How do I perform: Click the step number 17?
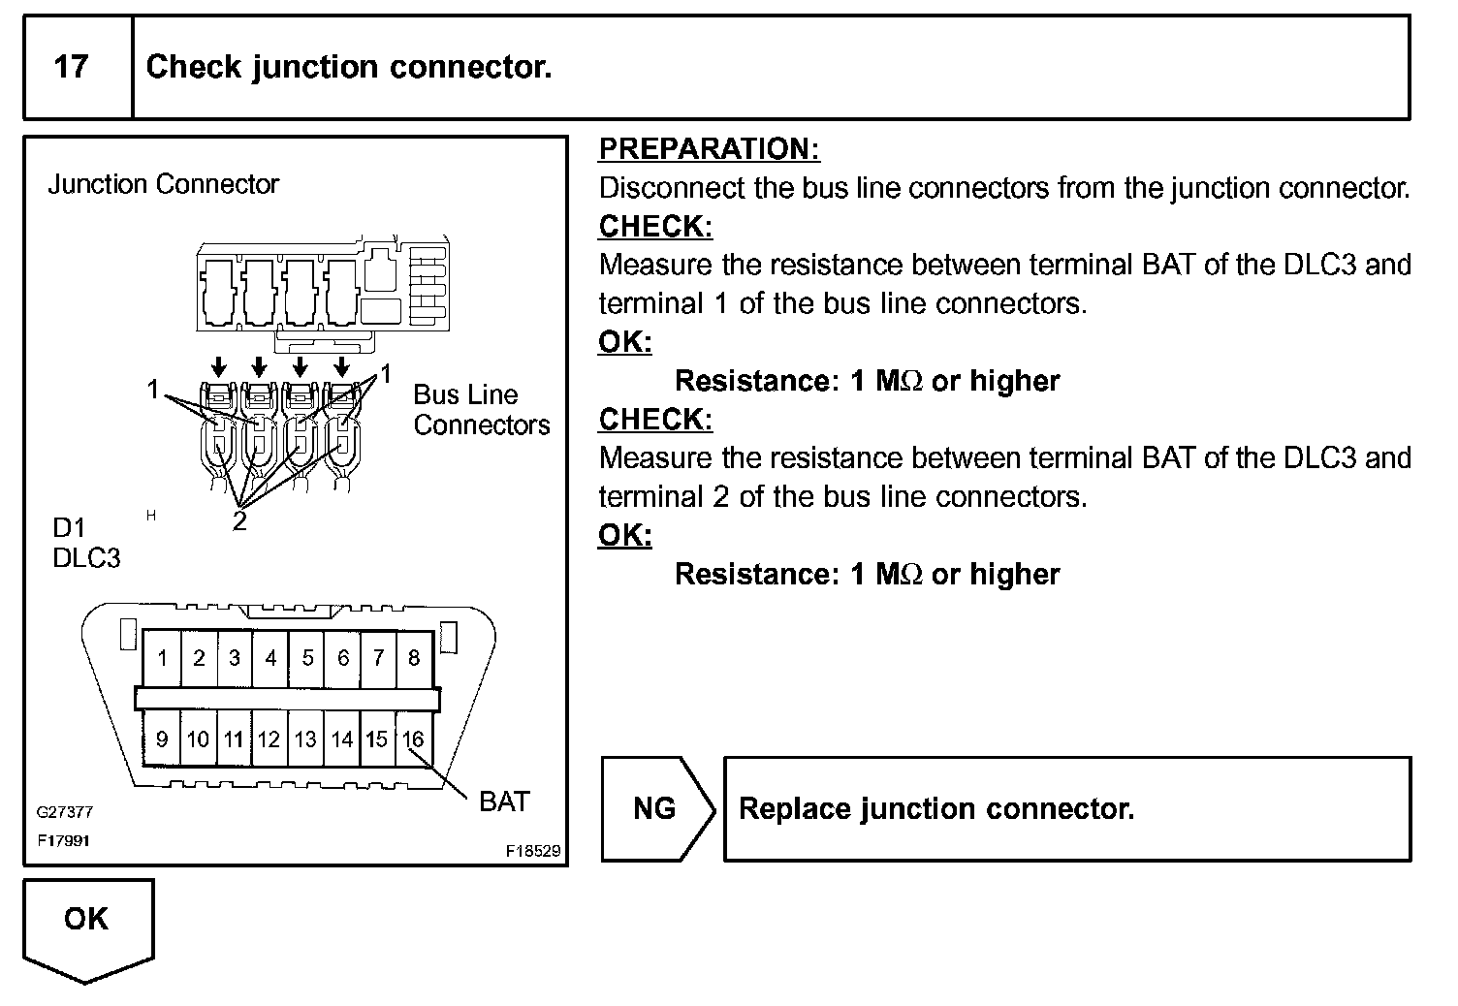coord(71,67)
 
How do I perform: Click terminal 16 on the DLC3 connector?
coord(414,739)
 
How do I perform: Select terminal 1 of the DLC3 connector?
coord(162,659)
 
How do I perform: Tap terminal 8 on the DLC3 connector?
coord(414,659)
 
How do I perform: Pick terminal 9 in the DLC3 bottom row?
coord(162,739)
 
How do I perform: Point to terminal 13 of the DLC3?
coord(305,739)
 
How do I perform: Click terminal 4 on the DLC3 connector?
coord(270,659)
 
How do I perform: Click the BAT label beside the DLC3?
coord(504,802)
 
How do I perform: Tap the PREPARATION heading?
coord(709,149)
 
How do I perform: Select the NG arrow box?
coord(656,809)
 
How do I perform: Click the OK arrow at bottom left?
coord(87,926)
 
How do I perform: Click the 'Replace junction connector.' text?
coord(935,809)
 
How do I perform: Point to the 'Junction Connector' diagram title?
coord(164,184)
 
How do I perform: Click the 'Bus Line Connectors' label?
coord(481,410)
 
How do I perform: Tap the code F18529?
coord(532,851)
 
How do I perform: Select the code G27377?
coord(65,813)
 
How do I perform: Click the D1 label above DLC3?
coord(69,528)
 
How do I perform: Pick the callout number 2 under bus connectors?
coord(239,522)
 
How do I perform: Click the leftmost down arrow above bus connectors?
coord(219,367)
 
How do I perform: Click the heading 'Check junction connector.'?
coord(349,67)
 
